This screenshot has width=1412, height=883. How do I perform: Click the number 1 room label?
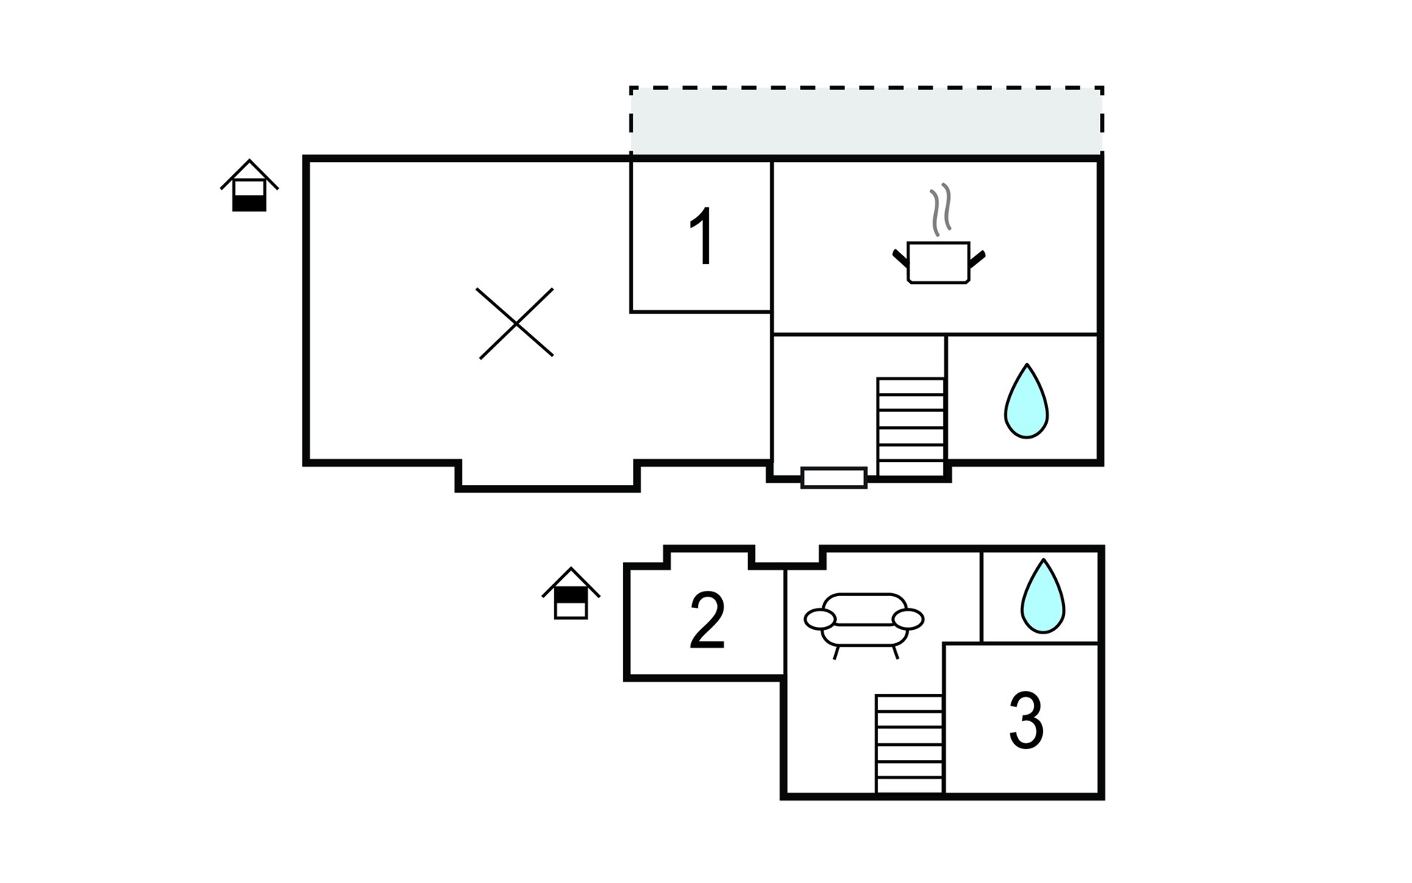tap(702, 236)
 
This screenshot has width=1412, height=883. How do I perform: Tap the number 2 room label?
tap(707, 621)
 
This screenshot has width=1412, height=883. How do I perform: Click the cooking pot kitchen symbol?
tap(938, 262)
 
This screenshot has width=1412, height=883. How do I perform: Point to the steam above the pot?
tap(941, 210)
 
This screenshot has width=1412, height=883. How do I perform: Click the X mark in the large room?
tap(516, 323)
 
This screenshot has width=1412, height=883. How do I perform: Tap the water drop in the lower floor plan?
tap(1043, 597)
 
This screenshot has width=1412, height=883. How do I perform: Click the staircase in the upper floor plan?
tap(910, 427)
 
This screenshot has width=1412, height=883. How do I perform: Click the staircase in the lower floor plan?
tap(909, 744)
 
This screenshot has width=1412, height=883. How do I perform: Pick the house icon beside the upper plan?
tap(249, 186)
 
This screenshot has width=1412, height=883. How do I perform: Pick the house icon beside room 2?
tap(571, 594)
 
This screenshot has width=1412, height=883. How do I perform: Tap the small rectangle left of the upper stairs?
tap(834, 478)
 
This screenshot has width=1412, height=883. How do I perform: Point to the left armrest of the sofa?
tap(820, 620)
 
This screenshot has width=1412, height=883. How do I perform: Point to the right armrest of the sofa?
tap(908, 620)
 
